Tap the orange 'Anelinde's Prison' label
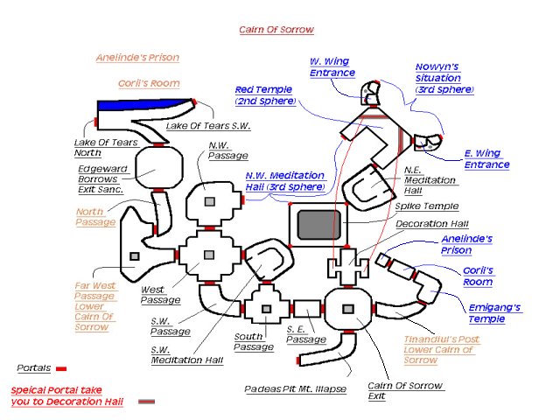[x=137, y=58]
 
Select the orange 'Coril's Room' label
[x=149, y=84]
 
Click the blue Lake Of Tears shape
[x=140, y=106]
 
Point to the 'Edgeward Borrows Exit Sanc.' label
[x=101, y=178]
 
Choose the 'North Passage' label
[x=95, y=216]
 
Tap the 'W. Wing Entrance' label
[x=330, y=67]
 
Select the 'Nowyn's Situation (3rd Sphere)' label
[x=445, y=79]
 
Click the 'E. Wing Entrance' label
[x=486, y=159]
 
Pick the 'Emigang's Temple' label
[x=493, y=312]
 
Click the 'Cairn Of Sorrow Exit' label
[x=406, y=391]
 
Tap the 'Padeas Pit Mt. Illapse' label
[x=296, y=388]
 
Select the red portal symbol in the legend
[x=61, y=369]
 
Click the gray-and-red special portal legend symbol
[x=146, y=402]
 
